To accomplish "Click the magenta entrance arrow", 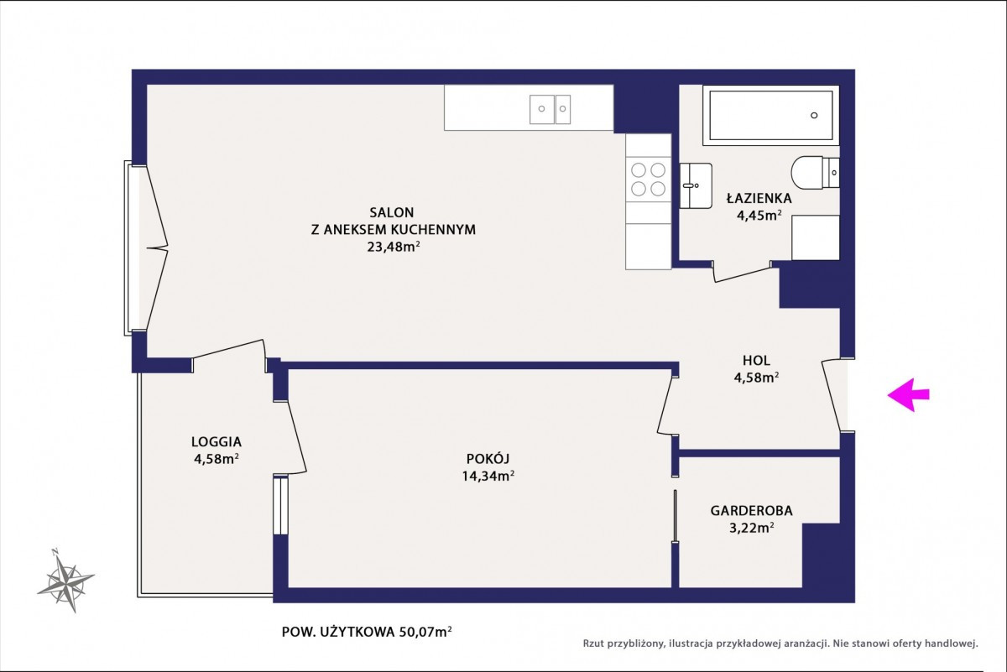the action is tap(908, 394).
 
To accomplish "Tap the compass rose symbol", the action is tap(66, 581).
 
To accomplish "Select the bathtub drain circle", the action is tap(814, 116).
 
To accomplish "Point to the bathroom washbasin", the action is tap(696, 185).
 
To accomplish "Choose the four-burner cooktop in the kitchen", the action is tap(648, 180).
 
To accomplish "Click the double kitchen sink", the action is tap(550, 109).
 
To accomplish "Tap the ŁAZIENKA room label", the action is tap(759, 198).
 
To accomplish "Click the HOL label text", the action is tap(757, 360).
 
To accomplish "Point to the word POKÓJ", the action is tap(488, 459).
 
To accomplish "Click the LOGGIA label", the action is tap(217, 442).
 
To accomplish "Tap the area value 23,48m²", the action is tap(394, 247).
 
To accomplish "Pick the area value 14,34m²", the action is tap(488, 476).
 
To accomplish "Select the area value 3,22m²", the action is tap(752, 528).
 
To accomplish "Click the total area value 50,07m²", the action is tap(425, 632).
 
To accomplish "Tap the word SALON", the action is tap(392, 212).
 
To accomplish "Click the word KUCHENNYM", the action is tap(433, 230).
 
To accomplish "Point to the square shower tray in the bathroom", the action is tap(816, 237).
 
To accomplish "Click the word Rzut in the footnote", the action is tap(593, 643).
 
